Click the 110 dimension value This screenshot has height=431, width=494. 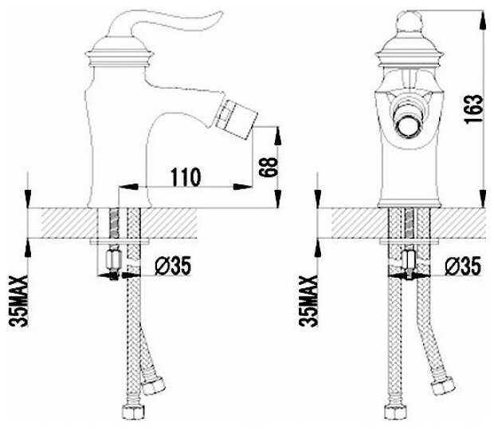tap(186, 177)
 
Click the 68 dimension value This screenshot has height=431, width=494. tap(268, 167)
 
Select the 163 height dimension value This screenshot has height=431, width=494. tap(473, 109)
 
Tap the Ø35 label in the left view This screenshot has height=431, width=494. tap(173, 266)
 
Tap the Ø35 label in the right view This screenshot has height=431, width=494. tap(463, 266)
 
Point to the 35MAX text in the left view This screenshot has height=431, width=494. tap(18, 301)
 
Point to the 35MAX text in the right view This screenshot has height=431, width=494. tap(308, 301)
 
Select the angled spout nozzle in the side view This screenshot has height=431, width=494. tap(237, 119)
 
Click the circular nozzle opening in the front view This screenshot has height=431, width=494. tap(409, 127)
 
